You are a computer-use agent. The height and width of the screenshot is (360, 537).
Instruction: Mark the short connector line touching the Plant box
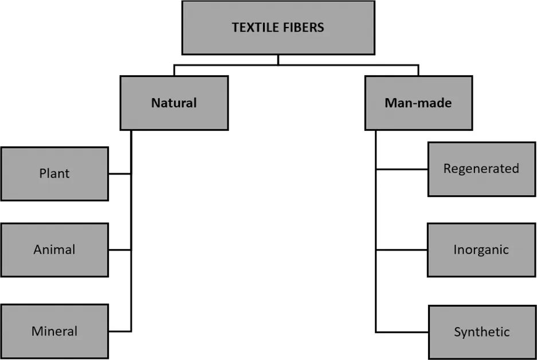click(x=120, y=173)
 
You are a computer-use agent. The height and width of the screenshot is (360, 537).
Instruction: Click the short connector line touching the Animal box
click(x=120, y=250)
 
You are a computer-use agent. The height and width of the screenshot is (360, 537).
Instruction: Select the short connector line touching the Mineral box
click(x=120, y=331)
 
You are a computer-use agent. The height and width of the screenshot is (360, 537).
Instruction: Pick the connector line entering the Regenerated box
click(x=402, y=169)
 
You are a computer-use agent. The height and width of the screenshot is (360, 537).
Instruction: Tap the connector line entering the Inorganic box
click(x=402, y=250)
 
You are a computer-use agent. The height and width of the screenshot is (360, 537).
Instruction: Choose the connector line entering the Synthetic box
click(x=402, y=332)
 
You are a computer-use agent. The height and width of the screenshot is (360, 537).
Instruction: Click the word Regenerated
click(x=481, y=168)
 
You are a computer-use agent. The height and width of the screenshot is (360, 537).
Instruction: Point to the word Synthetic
click(x=481, y=332)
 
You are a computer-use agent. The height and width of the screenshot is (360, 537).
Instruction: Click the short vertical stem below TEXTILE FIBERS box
click(x=278, y=60)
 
